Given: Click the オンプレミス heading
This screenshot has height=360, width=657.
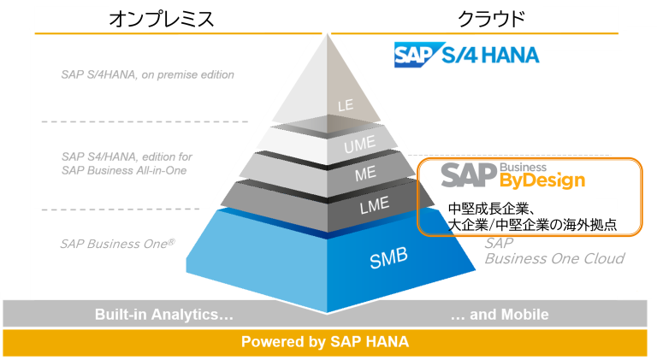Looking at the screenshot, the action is coord(162,19).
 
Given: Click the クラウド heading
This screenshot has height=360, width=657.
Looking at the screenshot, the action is coord(491,19).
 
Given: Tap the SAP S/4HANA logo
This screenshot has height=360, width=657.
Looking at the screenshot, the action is coord(466,55).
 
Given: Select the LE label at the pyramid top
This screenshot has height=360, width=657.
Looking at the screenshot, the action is coord(346,105).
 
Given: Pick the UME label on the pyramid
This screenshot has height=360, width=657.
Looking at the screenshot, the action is coord(359,145).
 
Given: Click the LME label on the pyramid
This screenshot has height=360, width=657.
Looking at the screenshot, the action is coord(374,205).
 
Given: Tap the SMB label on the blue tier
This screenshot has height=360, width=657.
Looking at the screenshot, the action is coord(388,258).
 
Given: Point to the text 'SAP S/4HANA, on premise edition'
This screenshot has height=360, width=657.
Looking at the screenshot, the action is coord(147,74).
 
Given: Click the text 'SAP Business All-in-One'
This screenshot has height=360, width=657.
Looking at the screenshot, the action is coord(124,170).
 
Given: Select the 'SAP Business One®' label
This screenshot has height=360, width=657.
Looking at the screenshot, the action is coord(117,244).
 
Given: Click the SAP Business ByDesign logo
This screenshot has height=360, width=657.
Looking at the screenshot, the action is coord(513,176).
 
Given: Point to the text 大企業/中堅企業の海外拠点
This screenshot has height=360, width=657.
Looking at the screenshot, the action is coord(532,225).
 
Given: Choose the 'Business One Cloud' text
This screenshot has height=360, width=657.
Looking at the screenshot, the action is coord(554,258).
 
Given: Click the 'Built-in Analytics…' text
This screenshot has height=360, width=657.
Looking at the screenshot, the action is coord(164,314).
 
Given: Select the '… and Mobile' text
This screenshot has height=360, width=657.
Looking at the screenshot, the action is coord(500,314).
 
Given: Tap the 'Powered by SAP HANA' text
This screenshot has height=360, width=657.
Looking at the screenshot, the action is coord(325,341).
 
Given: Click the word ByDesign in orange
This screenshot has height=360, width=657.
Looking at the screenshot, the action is coord(542,180).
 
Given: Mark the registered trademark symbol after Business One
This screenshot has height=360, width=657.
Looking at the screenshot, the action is coord(171,241).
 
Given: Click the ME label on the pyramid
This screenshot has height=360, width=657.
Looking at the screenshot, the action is coord(365,174).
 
